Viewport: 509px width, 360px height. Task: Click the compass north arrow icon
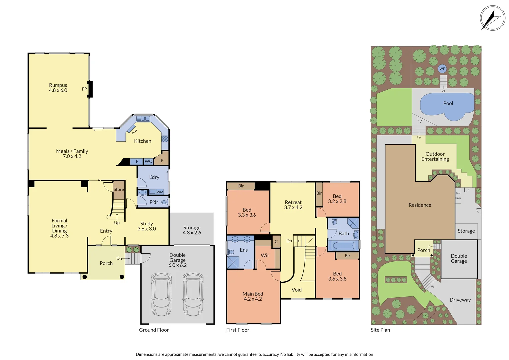492,18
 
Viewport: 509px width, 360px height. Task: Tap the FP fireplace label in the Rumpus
84,89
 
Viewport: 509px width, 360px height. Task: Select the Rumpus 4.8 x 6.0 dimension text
58,90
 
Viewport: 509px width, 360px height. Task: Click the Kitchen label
143,141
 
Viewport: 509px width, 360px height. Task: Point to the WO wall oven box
148,161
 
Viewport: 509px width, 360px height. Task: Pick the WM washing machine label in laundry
160,192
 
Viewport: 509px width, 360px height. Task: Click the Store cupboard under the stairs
119,189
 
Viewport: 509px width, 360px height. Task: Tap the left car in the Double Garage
161,294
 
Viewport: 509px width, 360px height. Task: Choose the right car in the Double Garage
193,294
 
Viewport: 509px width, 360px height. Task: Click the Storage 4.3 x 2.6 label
192,230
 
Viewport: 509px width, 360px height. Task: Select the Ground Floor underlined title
154,330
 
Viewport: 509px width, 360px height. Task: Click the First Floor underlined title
238,330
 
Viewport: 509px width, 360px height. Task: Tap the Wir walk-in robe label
265,255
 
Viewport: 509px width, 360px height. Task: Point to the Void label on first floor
297,290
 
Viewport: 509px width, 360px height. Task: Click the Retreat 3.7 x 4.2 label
293,205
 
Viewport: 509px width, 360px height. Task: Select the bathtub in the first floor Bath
343,246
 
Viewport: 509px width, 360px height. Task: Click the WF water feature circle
442,69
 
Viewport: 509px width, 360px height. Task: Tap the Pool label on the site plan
448,103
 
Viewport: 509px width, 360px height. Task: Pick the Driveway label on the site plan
460,300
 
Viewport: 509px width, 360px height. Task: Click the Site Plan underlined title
380,330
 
